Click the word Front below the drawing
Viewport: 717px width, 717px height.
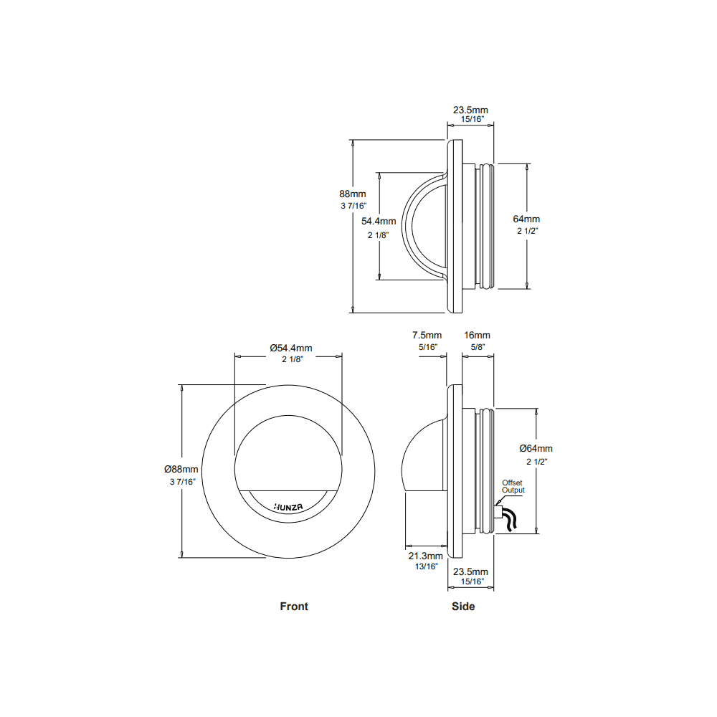pyautogui.click(x=294, y=607)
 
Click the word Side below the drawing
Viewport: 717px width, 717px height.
pyautogui.click(x=463, y=607)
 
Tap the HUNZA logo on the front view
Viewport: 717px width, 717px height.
pyautogui.click(x=288, y=505)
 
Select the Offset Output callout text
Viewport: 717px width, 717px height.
pyautogui.click(x=513, y=487)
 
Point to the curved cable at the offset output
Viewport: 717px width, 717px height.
pyautogui.click(x=510, y=521)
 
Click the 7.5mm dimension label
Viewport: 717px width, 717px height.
pyautogui.click(x=427, y=335)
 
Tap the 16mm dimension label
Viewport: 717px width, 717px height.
pyautogui.click(x=477, y=335)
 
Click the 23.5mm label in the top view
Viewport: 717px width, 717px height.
pyautogui.click(x=470, y=110)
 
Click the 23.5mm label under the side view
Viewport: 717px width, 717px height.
pyautogui.click(x=470, y=571)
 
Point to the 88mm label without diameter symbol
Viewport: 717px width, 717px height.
pyautogui.click(x=353, y=194)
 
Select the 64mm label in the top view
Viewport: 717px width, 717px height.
pyautogui.click(x=526, y=219)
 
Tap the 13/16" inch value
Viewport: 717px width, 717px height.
pyautogui.click(x=426, y=566)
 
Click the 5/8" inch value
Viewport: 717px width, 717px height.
pyautogui.click(x=477, y=346)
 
